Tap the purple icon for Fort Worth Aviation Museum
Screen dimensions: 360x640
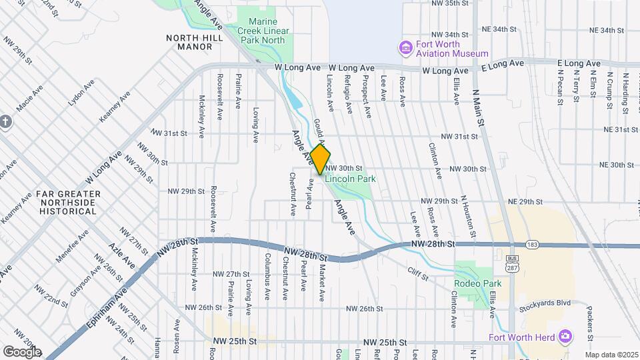405,48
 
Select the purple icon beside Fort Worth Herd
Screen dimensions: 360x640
567,335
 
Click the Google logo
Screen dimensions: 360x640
22,352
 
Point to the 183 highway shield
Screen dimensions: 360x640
531,245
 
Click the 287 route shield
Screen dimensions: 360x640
512,264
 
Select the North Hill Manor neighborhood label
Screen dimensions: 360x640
195,43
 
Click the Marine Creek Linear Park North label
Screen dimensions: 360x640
265,31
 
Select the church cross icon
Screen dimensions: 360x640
6,121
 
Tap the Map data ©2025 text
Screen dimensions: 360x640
611,354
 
